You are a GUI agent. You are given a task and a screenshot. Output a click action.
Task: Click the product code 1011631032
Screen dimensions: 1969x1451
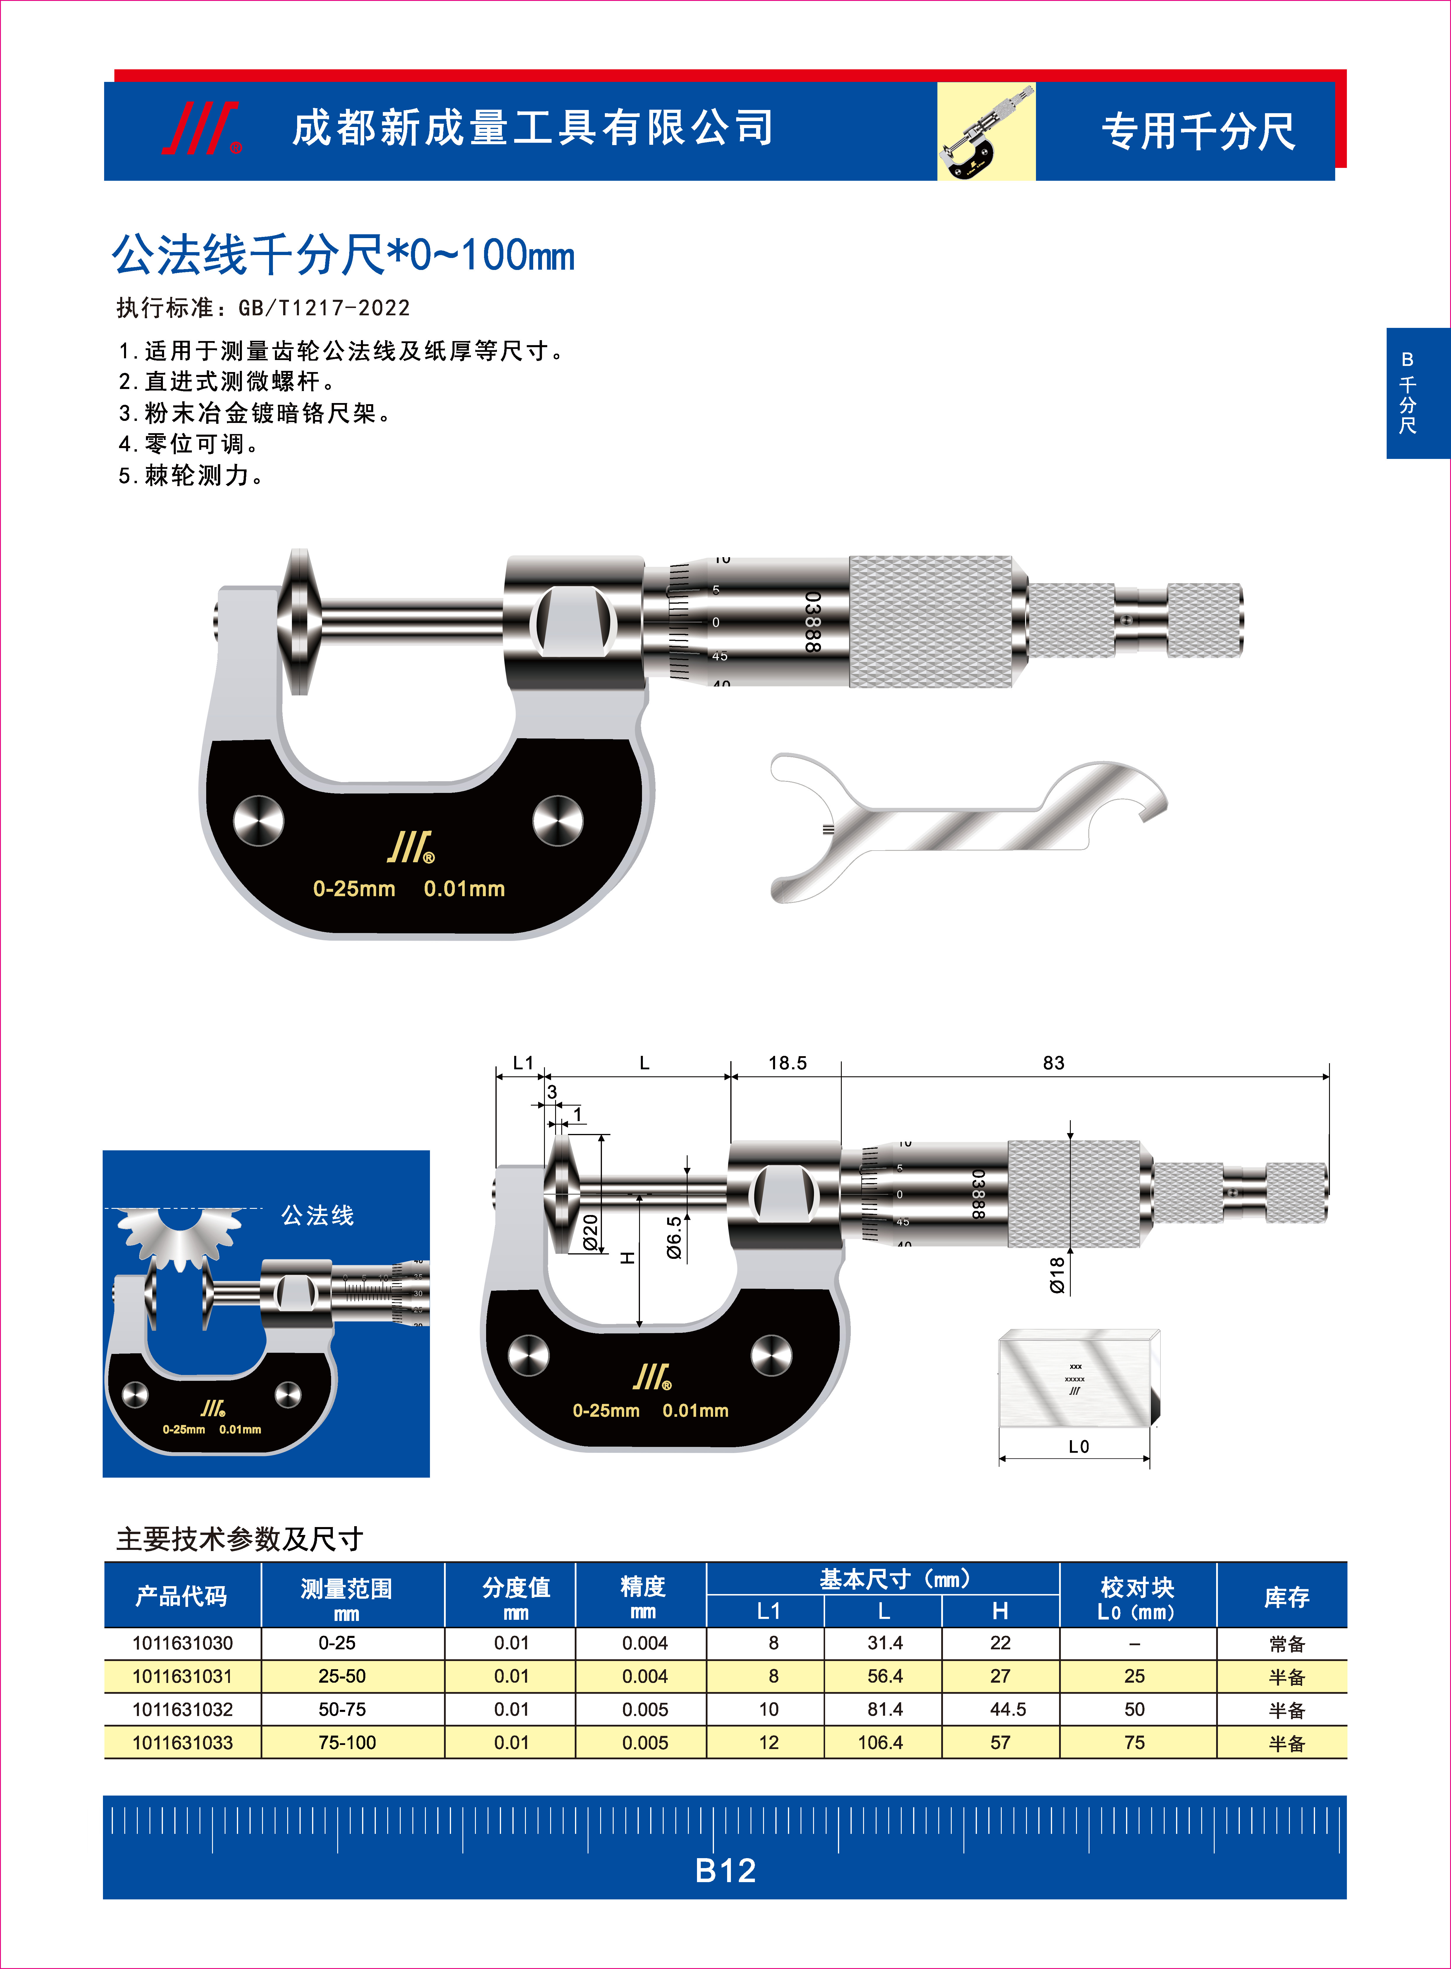pyautogui.click(x=183, y=1709)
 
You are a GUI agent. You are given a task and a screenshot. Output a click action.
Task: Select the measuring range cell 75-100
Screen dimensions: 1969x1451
pyautogui.click(x=347, y=1742)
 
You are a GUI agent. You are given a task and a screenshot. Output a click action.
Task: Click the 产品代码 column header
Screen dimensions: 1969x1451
pyautogui.click(x=182, y=1595)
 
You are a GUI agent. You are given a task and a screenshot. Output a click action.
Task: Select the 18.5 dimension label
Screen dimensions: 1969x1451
pyautogui.click(x=787, y=1063)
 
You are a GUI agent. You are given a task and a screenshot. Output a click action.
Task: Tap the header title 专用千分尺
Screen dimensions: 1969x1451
pyautogui.click(x=1198, y=132)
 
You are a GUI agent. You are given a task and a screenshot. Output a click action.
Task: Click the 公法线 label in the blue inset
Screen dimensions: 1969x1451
pyautogui.click(x=317, y=1216)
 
